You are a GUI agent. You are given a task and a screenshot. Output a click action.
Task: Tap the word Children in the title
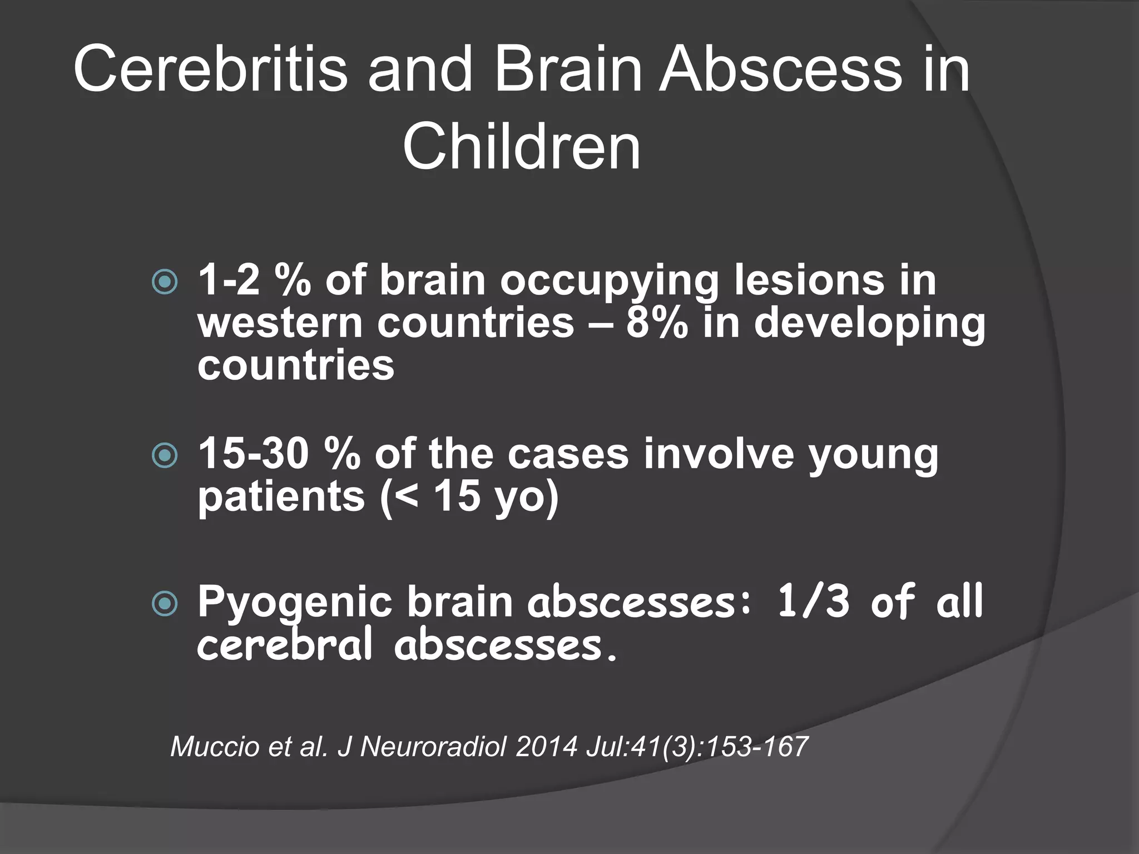coord(522,148)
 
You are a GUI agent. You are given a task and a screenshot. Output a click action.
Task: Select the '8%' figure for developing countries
coord(657,322)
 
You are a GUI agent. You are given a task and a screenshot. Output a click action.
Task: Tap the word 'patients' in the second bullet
coord(281,498)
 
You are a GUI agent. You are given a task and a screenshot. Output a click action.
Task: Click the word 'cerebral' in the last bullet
coord(284,646)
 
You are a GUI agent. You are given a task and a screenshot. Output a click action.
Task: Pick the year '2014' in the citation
coord(547,746)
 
